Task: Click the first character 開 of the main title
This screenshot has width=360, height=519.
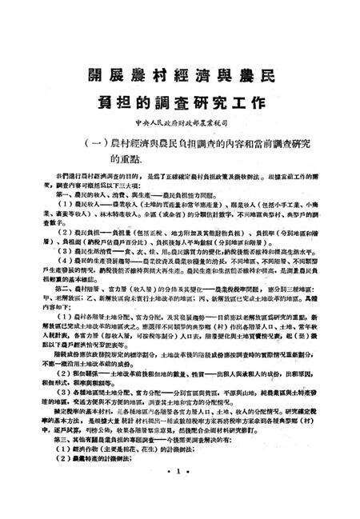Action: [x=95, y=78]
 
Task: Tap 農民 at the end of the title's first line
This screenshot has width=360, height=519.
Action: [x=272, y=78]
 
